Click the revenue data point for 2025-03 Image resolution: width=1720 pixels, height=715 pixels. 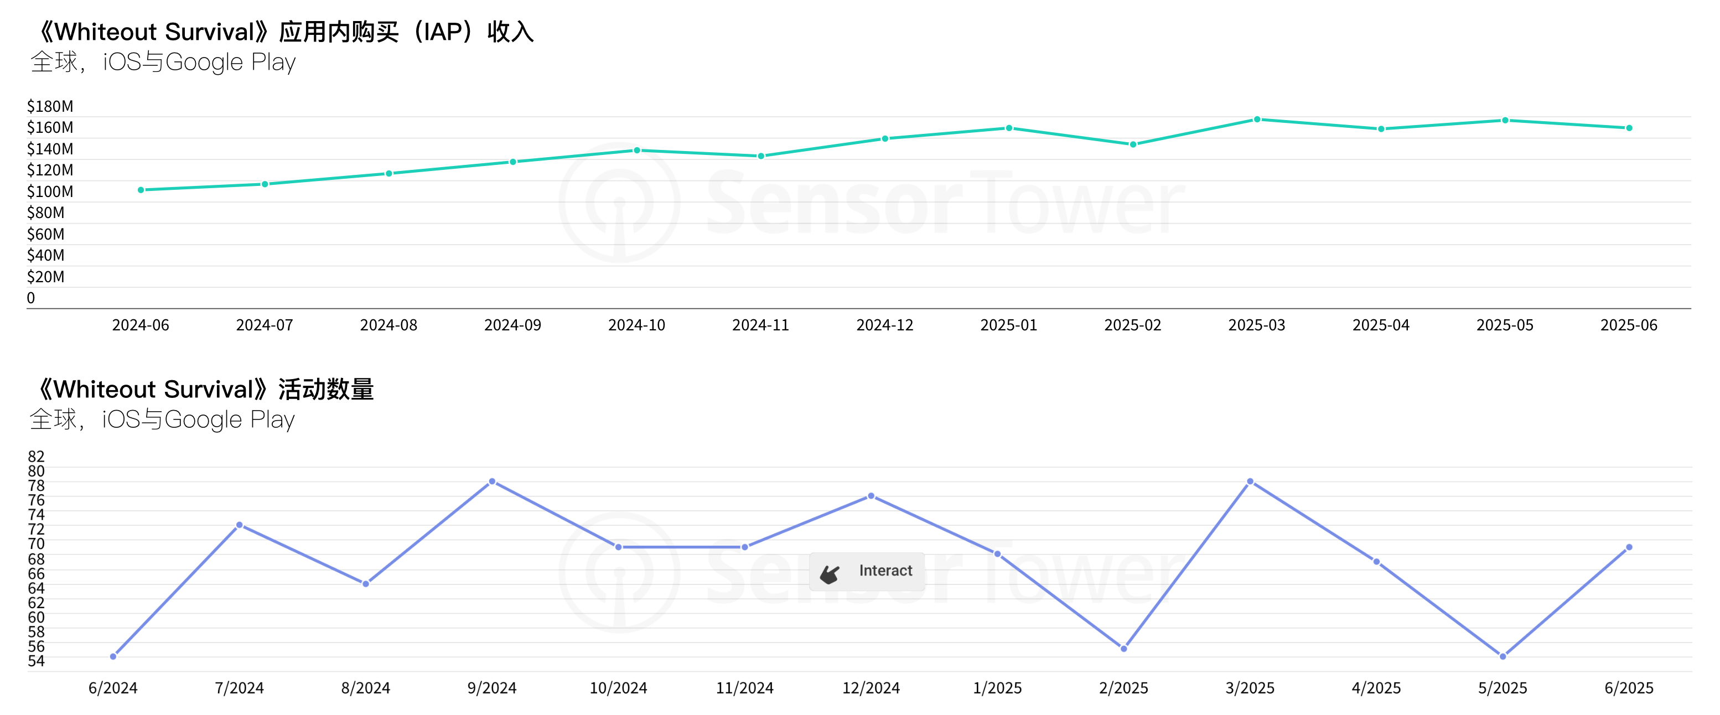click(1257, 120)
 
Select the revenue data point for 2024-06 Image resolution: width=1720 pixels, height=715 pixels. click(141, 190)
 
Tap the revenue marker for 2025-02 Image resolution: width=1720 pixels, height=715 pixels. click(1133, 144)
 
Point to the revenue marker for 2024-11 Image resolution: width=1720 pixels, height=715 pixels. click(760, 156)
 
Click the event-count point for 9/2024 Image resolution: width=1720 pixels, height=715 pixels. click(492, 481)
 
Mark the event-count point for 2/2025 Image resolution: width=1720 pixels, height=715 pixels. click(1124, 648)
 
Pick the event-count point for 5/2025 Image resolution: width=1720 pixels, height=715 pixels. click(1503, 656)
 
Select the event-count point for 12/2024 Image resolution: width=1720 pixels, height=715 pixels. click(871, 496)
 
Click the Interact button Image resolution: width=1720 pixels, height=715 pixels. click(867, 572)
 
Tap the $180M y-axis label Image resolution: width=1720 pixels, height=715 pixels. click(50, 106)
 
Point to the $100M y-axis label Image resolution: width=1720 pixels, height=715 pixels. click(50, 191)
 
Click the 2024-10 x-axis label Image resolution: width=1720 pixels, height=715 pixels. click(636, 325)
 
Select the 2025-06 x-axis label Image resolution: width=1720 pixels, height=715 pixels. click(1629, 325)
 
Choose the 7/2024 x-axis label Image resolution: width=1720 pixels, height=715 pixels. click(239, 688)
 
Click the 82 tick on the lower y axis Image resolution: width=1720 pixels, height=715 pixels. click(36, 457)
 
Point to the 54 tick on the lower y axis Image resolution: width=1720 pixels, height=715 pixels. click(36, 661)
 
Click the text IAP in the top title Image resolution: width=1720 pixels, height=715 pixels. click(443, 32)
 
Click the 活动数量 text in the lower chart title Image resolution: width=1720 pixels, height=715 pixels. click(326, 389)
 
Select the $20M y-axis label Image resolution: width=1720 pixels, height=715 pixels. click(45, 276)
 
